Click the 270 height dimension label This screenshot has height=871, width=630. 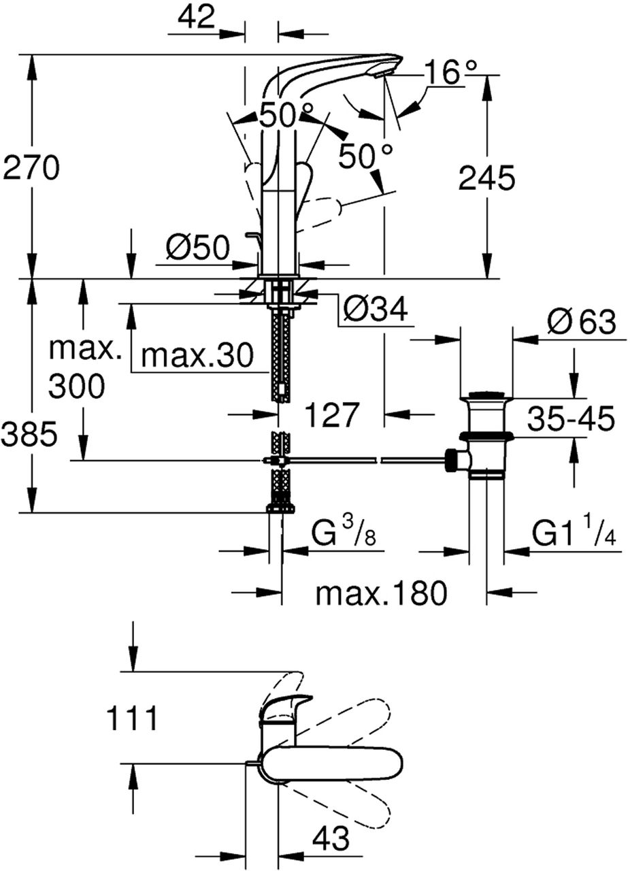[32, 168]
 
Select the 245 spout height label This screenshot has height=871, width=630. [486, 178]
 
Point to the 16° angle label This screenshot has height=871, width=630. [451, 71]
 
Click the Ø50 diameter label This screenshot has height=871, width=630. [198, 249]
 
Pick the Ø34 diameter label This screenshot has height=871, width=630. [375, 310]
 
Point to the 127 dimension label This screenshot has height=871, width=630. [331, 414]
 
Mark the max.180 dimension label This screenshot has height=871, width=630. [382, 594]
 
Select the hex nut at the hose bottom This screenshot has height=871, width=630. [280, 507]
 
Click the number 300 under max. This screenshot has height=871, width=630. [77, 387]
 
